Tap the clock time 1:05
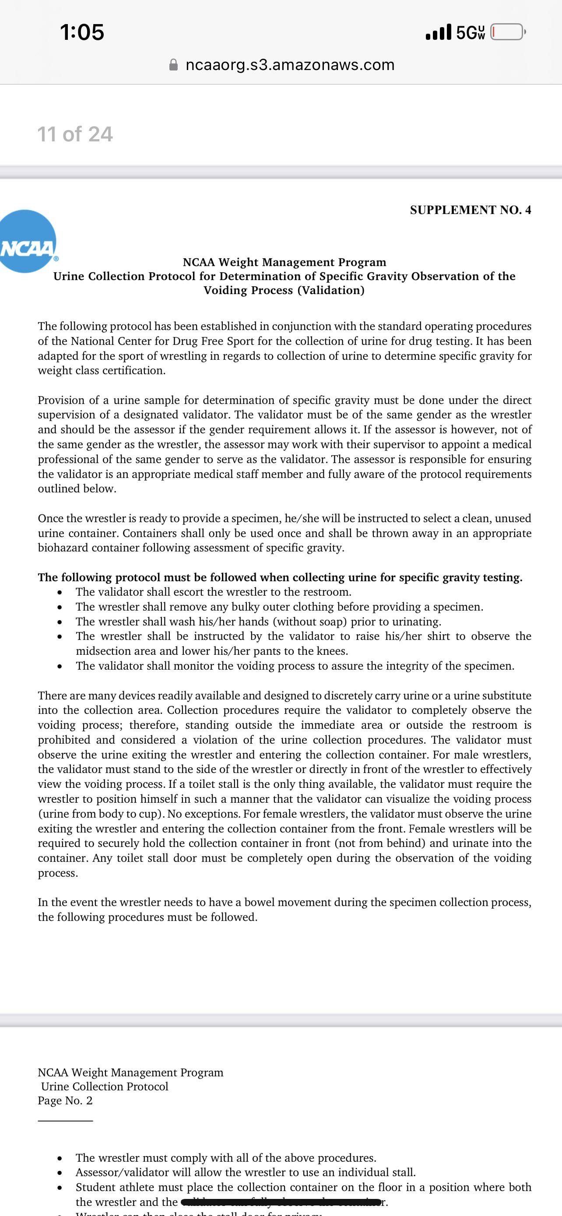pyautogui.click(x=82, y=32)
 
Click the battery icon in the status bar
pyautogui.click(x=508, y=32)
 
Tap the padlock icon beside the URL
pyautogui.click(x=174, y=65)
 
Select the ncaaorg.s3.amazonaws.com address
pyautogui.click(x=290, y=65)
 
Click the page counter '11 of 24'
pyautogui.click(x=75, y=134)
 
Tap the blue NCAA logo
pyautogui.click(x=28, y=242)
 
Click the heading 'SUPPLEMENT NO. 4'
pyautogui.click(x=470, y=210)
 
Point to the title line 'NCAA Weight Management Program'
pyautogui.click(x=284, y=262)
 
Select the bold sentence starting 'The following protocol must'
pyautogui.click(x=280, y=577)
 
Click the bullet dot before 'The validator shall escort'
pyautogui.click(x=60, y=592)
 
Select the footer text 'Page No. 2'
pyautogui.click(x=65, y=1100)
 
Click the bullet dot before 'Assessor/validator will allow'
pyautogui.click(x=60, y=1173)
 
